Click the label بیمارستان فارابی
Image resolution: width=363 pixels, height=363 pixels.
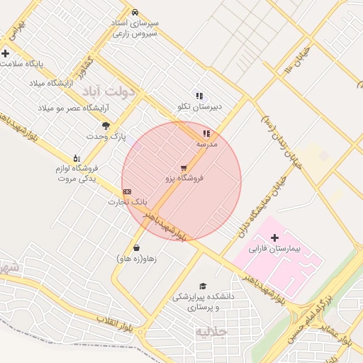pyautogui.click(x=276, y=250)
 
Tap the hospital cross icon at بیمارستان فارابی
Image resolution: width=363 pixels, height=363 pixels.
pyautogui.click(x=275, y=237)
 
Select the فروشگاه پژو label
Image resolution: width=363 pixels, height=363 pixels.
pyautogui.click(x=184, y=179)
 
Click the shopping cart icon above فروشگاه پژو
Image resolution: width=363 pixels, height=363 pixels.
pyautogui.click(x=184, y=168)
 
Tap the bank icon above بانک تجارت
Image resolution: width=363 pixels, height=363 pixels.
pyautogui.click(x=127, y=191)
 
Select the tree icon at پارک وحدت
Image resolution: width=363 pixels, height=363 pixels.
pyautogui.click(x=106, y=125)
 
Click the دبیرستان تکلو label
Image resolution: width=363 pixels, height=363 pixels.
pyautogui.click(x=200, y=106)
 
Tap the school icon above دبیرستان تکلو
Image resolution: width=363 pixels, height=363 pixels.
pyautogui.click(x=200, y=96)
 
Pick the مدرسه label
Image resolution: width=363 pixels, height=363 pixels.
pyautogui.click(x=207, y=144)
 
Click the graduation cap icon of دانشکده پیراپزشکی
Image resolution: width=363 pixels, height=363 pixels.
pyautogui.click(x=203, y=286)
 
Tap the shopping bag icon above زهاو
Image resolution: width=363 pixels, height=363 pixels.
pyautogui.click(x=135, y=248)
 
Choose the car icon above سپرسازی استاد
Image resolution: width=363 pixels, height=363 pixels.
pyautogui.click(x=135, y=13)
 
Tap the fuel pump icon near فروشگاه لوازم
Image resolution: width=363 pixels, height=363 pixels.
pyautogui.click(x=77, y=158)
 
